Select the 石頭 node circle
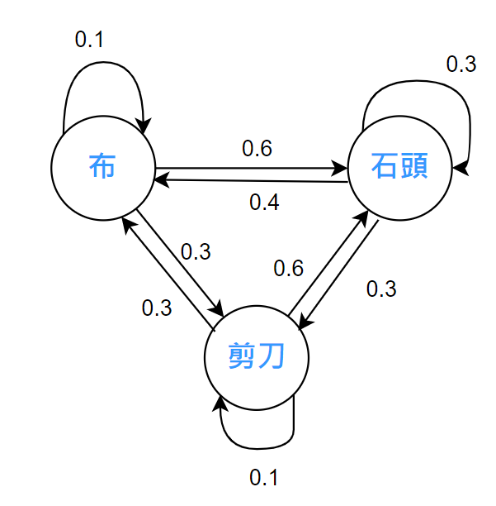399,169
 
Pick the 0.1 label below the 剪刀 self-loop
264,477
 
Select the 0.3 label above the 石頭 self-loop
461,64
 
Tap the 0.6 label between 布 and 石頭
256,148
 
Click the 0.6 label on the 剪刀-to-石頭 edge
289,268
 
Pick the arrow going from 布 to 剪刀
182,263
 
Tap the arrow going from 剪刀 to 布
165,273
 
